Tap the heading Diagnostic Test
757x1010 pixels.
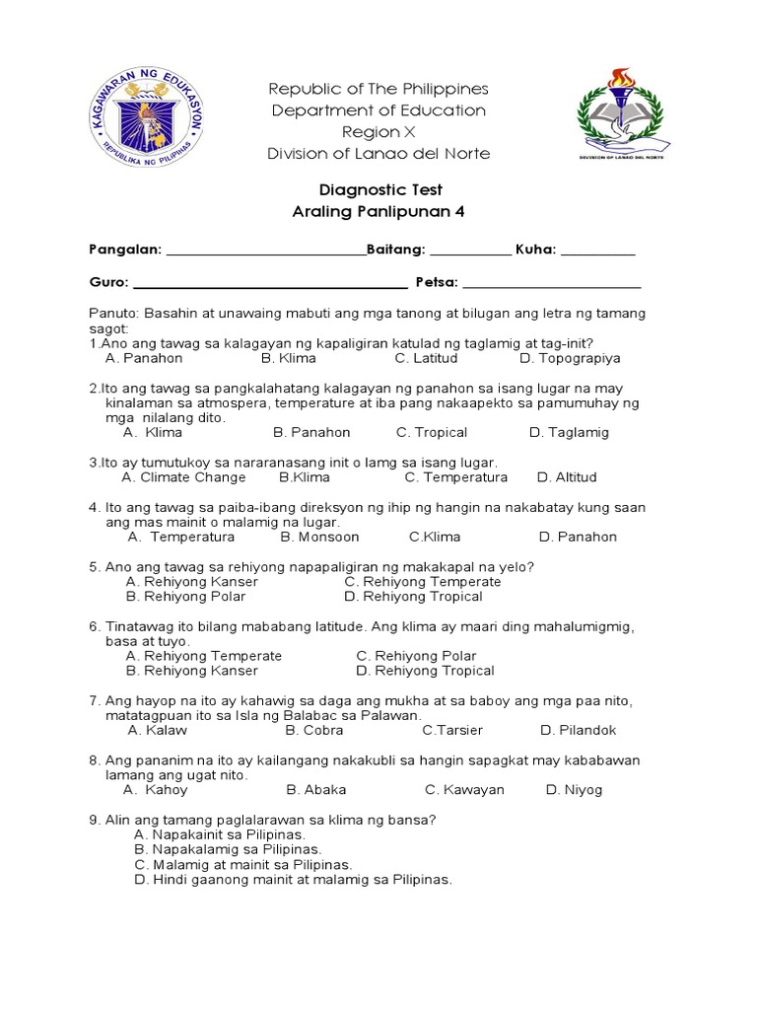pos(379,190)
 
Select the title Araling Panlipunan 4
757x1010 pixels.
pos(379,212)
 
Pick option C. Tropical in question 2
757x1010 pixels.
pos(432,432)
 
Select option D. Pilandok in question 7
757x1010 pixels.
pos(578,731)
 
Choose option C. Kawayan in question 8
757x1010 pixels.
pos(464,790)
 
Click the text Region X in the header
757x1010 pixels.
pos(379,132)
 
